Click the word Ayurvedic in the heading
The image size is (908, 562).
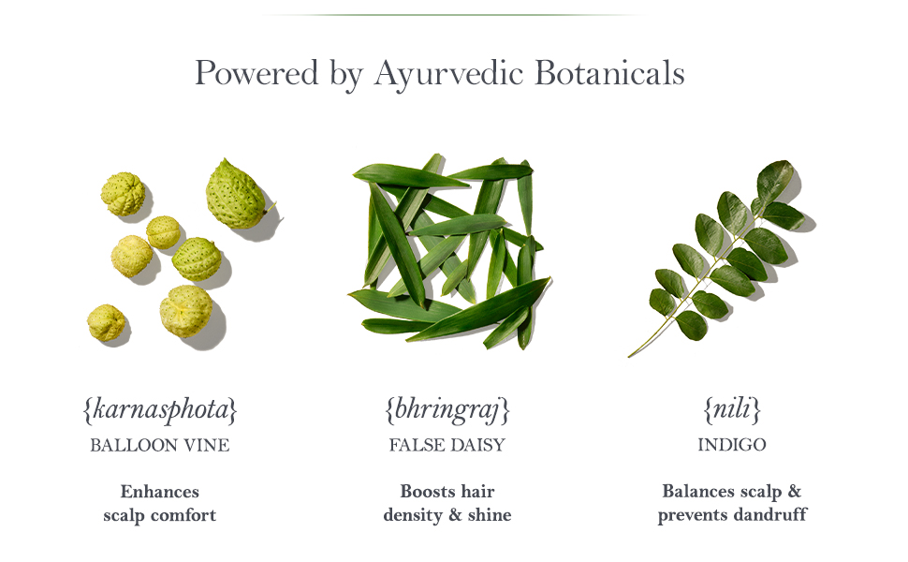point(448,74)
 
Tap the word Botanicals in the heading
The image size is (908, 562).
point(609,73)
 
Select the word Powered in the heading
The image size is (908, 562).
point(256,73)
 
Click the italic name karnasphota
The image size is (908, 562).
point(160,410)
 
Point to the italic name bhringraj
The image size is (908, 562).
point(447,410)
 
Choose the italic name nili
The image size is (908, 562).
point(732,409)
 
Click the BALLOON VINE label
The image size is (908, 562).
point(160,445)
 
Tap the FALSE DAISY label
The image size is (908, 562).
point(447,445)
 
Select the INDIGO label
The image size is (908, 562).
point(732,444)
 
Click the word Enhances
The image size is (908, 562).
point(160,492)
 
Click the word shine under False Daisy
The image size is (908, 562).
point(490,514)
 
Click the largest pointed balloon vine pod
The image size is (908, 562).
point(237,194)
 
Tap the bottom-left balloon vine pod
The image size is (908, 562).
point(106,322)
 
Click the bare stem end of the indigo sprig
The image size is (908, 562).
point(630,355)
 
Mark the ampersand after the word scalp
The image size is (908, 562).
point(795,492)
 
